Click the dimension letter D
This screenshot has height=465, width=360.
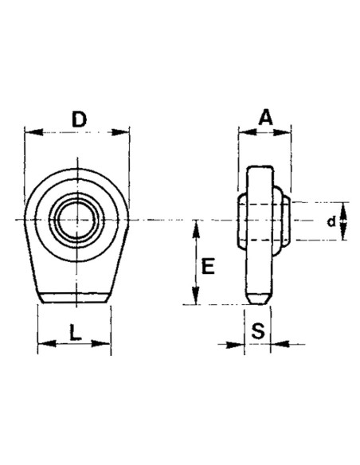(78, 120)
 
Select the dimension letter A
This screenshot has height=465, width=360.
(265, 117)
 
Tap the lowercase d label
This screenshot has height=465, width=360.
(331, 221)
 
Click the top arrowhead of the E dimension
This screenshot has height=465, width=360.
(194, 226)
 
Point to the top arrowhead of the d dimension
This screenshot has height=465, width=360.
(342, 206)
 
